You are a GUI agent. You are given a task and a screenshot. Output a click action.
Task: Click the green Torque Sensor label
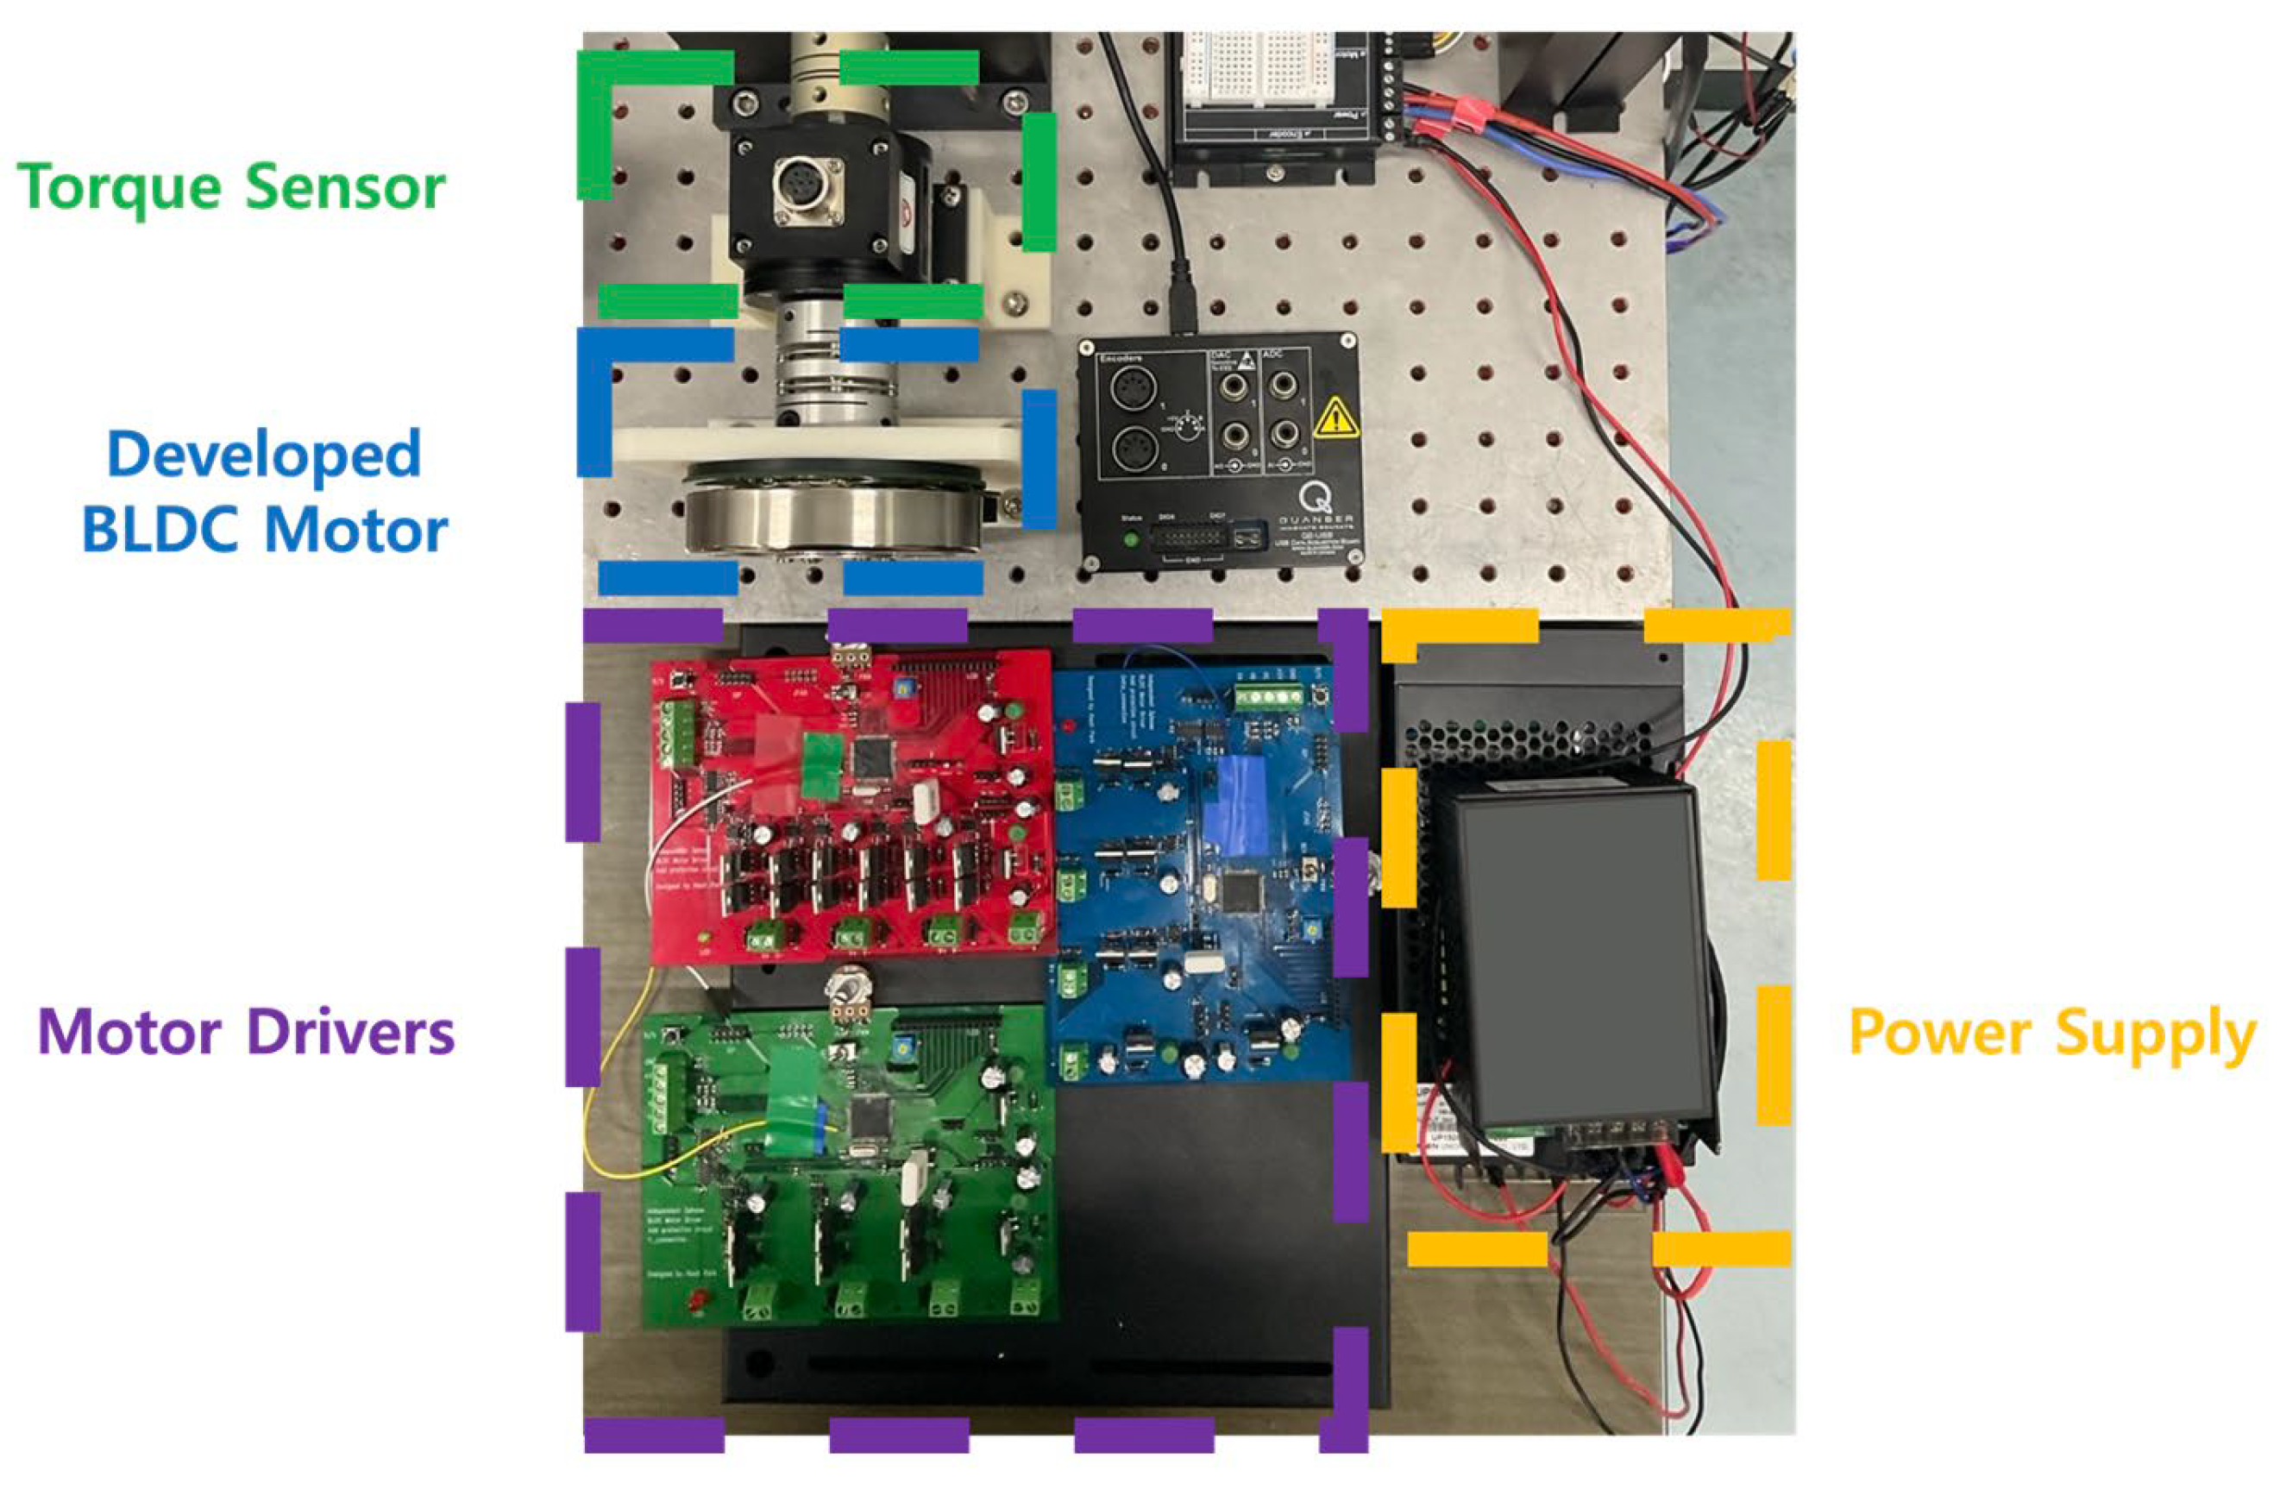click(x=230, y=186)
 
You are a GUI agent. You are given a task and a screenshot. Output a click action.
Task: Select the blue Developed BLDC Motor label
click(x=264, y=491)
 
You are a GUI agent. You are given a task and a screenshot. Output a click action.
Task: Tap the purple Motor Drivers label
click(x=246, y=1034)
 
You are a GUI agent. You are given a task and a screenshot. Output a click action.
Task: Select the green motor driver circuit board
click(x=845, y=1172)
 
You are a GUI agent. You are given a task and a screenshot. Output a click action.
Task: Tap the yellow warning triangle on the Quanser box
click(x=1336, y=418)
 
